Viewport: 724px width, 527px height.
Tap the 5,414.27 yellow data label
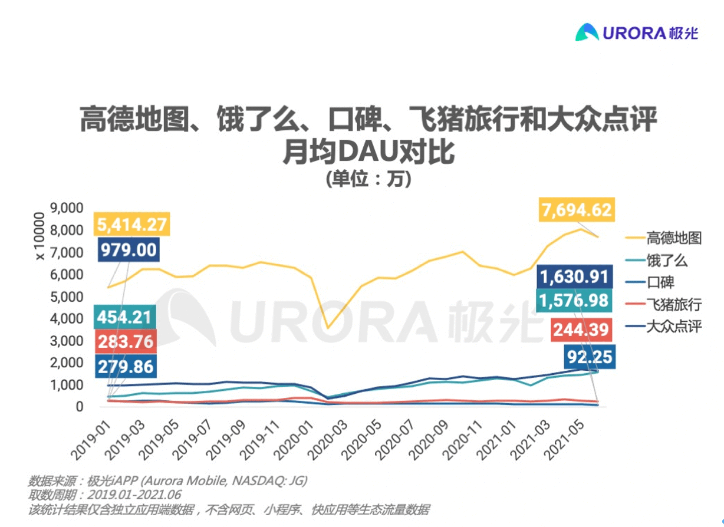pos(131,225)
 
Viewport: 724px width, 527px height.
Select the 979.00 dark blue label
pos(128,250)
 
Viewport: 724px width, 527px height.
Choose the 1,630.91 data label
pos(575,278)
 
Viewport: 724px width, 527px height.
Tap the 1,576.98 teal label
pos(575,301)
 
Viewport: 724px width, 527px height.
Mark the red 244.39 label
pos(581,330)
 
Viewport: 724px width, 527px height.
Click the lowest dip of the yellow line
pos(328,328)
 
